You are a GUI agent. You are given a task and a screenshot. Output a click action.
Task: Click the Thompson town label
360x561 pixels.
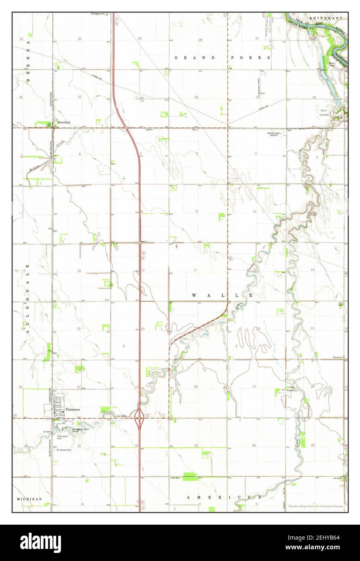pos(73,409)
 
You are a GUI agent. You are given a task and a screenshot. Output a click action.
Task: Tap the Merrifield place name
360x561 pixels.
pos(64,122)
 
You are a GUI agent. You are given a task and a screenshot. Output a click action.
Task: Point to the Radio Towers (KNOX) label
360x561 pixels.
pos(275,134)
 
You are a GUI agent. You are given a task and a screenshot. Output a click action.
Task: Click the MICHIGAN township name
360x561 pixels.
pos(29,499)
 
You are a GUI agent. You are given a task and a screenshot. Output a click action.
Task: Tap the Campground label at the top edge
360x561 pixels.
pos(98,14)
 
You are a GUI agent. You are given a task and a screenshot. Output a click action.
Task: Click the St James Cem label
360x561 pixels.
pos(64,450)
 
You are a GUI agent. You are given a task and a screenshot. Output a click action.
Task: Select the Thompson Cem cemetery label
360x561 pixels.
pos(62,437)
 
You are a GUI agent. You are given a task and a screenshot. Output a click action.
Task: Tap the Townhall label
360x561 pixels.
pos(337,358)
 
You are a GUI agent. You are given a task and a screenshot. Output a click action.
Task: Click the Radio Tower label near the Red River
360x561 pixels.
pos(333,64)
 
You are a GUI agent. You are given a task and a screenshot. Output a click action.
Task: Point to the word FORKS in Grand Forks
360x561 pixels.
pos(250,58)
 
